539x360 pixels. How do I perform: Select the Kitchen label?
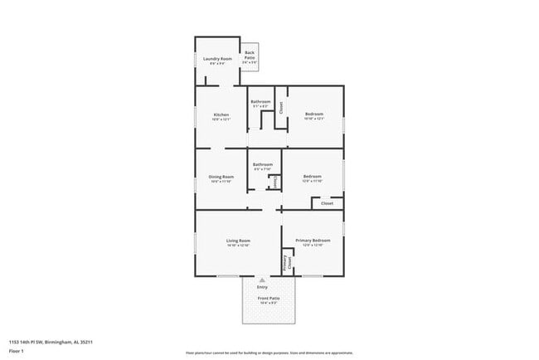tap(221, 114)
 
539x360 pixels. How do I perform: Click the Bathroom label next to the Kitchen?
tap(261, 101)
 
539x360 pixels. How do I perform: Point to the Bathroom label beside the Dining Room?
tap(263, 163)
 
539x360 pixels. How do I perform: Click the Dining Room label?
tap(221, 176)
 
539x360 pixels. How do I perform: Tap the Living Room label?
tap(238, 241)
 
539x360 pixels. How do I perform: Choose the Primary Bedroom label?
tap(313, 241)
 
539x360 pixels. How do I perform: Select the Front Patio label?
tap(269, 298)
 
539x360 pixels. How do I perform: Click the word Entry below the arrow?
tap(262, 287)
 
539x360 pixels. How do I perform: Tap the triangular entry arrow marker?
tap(262, 280)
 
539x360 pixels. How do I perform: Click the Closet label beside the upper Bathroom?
tap(281, 107)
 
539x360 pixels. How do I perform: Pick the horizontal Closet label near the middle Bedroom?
tap(327, 202)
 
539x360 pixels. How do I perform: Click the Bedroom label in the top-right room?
tap(313, 114)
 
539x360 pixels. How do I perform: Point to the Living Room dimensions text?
tap(238, 246)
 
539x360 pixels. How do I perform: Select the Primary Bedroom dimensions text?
tap(313, 246)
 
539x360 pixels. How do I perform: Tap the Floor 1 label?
tap(17, 351)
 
